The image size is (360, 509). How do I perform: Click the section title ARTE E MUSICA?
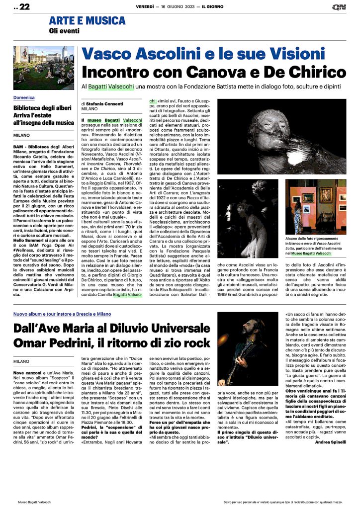[87, 21]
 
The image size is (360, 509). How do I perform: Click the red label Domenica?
[24, 98]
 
